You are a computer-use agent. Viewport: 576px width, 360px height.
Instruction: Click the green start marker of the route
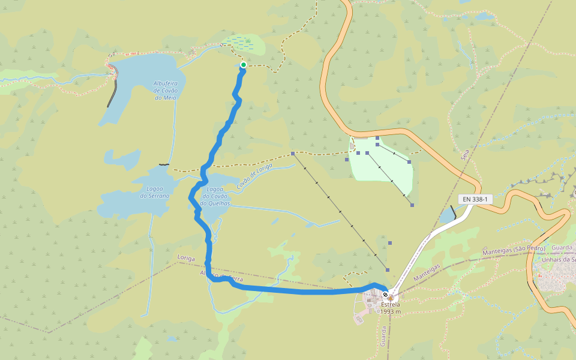[x=243, y=65]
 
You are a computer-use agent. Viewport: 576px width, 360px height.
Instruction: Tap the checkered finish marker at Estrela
[x=385, y=295]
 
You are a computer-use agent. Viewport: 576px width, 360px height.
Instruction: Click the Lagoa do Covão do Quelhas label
[x=215, y=196]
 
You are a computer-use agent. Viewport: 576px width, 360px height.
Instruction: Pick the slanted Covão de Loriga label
[x=254, y=176]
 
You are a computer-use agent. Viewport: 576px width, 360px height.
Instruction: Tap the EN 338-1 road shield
[x=475, y=199]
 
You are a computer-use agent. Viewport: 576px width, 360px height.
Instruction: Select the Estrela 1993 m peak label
[x=390, y=308]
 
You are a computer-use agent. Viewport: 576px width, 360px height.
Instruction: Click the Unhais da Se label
[x=559, y=259]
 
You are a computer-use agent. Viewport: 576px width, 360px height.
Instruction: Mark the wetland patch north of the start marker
[x=244, y=43]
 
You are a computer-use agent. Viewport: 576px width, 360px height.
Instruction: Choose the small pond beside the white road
[x=447, y=215]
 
